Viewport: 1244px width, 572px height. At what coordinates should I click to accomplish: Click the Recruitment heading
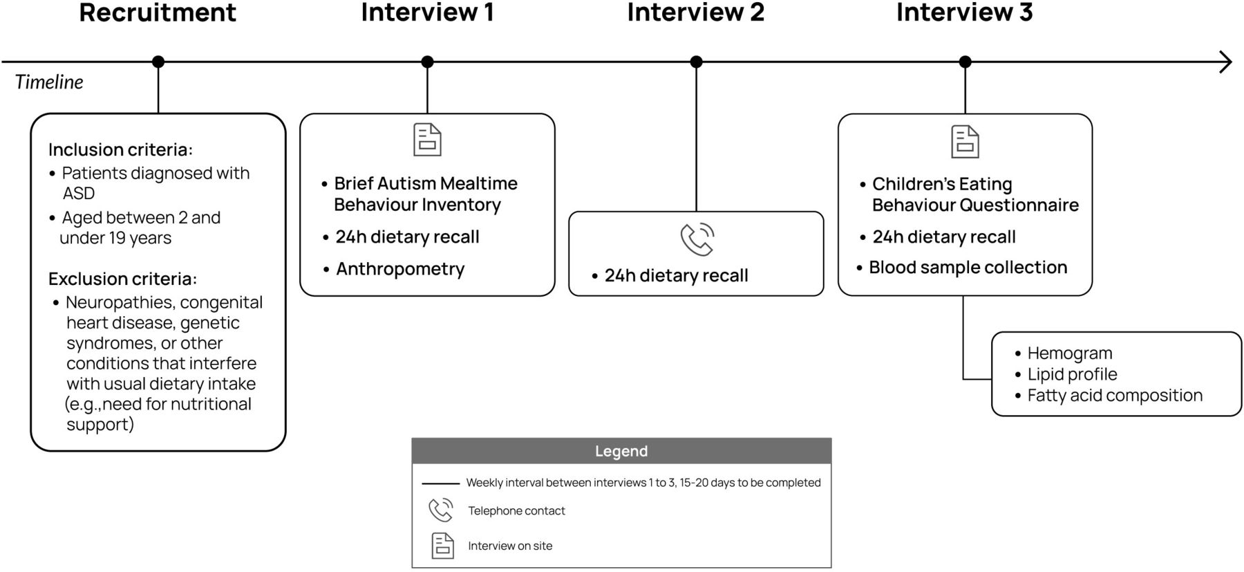click(x=158, y=12)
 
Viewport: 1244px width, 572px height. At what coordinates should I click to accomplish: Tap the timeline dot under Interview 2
click(x=696, y=62)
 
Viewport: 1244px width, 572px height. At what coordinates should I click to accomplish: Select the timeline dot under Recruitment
click(x=158, y=62)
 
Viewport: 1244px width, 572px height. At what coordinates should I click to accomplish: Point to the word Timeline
click(x=49, y=82)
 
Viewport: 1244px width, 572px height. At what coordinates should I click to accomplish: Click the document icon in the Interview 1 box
click(x=427, y=140)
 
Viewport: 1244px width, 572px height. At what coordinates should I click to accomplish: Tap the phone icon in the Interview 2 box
click(x=697, y=239)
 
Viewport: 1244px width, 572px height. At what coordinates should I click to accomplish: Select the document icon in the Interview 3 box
click(x=965, y=142)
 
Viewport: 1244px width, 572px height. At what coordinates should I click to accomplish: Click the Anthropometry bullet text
click(x=400, y=269)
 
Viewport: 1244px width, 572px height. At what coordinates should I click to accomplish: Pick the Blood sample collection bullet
click(x=968, y=267)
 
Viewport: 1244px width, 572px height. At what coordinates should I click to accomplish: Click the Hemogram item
click(x=1070, y=353)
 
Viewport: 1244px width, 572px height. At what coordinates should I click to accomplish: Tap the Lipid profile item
click(x=1072, y=374)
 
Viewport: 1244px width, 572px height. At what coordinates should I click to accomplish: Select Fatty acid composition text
click(x=1115, y=396)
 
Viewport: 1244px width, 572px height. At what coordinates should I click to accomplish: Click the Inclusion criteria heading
click(x=120, y=149)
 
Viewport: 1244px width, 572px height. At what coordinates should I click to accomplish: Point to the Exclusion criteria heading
click(x=122, y=279)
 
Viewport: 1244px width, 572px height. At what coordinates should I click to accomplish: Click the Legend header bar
click(x=621, y=451)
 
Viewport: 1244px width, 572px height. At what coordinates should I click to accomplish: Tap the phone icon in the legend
click(x=441, y=510)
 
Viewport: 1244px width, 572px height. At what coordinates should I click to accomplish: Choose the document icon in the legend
click(x=442, y=546)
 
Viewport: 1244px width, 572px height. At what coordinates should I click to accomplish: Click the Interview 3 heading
click(x=964, y=12)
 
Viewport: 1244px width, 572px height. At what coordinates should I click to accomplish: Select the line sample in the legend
click(x=440, y=483)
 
